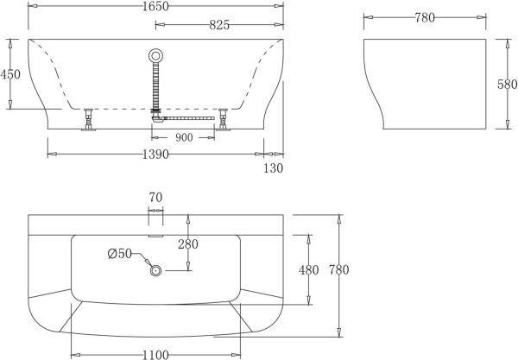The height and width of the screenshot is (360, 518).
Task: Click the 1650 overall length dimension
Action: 155,7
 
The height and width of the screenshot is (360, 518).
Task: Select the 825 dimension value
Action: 219,25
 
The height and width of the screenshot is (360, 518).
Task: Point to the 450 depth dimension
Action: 10,74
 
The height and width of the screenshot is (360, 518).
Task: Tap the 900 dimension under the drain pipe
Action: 183,138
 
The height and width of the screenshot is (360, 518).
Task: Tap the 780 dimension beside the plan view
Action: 338,270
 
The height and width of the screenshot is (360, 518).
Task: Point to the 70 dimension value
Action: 155,198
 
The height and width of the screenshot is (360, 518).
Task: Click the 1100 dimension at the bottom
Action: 155,353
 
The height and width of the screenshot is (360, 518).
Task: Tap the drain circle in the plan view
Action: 156,270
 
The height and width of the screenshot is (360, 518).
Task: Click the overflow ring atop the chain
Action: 155,55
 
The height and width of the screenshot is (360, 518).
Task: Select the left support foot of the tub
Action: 88,120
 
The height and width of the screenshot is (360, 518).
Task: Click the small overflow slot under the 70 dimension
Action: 155,232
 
